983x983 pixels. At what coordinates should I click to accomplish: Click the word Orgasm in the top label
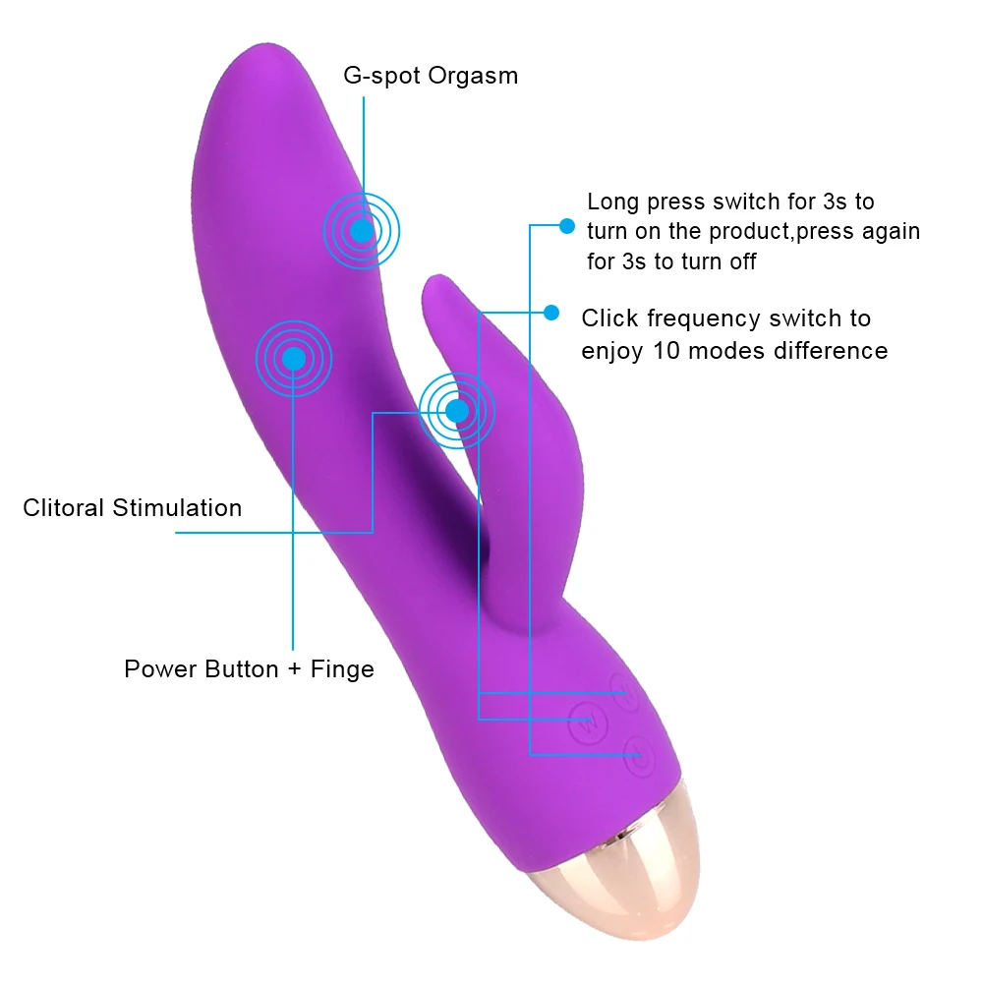click(x=470, y=76)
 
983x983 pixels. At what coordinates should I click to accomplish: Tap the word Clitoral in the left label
click(x=64, y=508)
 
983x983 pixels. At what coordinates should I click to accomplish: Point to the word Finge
click(x=342, y=670)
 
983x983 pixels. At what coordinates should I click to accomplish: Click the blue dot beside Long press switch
click(x=566, y=226)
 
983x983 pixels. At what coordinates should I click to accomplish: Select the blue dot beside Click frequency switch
click(x=551, y=313)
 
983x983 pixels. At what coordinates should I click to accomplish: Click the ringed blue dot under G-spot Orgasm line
click(x=362, y=230)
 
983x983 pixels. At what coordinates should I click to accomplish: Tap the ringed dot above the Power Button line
click(x=293, y=360)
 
